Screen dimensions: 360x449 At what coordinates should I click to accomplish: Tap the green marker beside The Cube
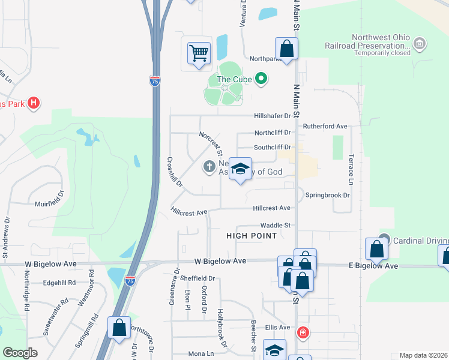(261, 79)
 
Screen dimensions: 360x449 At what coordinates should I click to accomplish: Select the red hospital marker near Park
(34, 103)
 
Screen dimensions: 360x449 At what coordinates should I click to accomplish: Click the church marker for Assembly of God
(209, 166)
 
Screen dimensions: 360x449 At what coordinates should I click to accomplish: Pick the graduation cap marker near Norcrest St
(241, 170)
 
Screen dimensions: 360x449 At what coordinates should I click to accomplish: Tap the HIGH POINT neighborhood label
(252, 236)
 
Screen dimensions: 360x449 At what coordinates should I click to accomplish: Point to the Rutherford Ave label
(325, 127)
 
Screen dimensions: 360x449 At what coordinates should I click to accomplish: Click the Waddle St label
(279, 225)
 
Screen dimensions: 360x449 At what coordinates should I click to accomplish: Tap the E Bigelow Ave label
(374, 266)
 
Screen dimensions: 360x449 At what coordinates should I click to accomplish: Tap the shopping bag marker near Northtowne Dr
(119, 328)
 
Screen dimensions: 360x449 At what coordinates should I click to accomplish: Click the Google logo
(20, 353)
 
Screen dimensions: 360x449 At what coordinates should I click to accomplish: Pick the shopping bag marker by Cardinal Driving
(376, 248)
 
